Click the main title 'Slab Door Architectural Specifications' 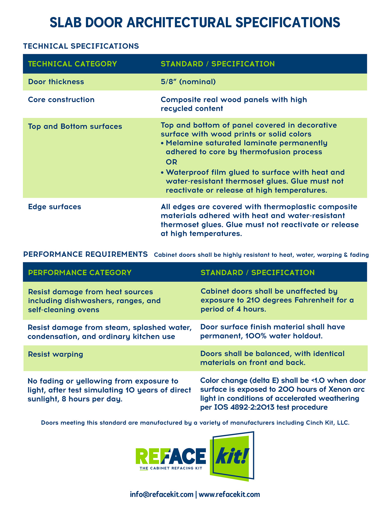click(x=195, y=23)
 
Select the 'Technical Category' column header click(x=72, y=64)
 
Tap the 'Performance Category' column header click(x=80, y=273)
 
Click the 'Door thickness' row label click(x=56, y=82)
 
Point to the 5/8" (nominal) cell click(x=188, y=82)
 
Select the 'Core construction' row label click(x=61, y=100)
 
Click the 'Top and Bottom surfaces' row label click(x=75, y=126)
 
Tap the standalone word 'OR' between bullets click(x=171, y=162)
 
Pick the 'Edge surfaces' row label click(x=55, y=207)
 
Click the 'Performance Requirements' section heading click(x=85, y=254)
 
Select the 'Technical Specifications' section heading click(x=81, y=46)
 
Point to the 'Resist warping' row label click(x=55, y=354)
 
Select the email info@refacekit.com click(x=162, y=494)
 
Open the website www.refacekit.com click(x=229, y=494)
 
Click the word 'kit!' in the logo click(x=232, y=456)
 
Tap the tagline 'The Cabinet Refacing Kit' click(x=171, y=468)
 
